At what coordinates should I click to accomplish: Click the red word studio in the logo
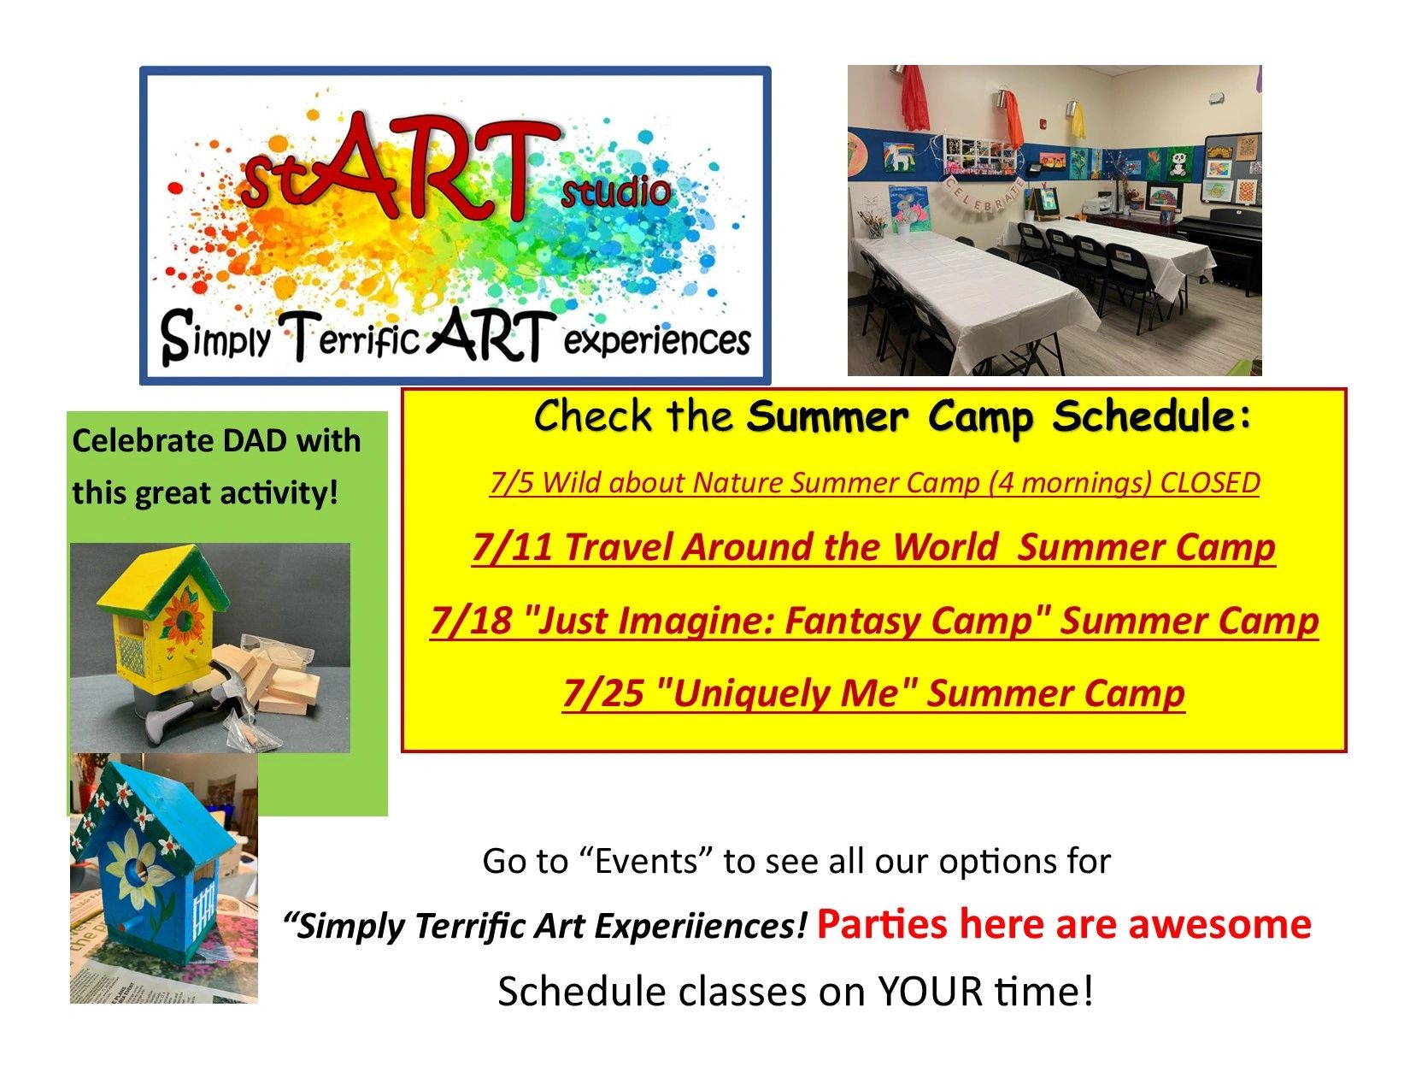pos(615,193)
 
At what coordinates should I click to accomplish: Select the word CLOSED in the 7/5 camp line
pos(1209,483)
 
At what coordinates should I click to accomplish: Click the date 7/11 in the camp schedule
pos(512,546)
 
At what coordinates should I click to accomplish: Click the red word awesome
pos(1220,924)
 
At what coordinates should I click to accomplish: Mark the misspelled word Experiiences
pos(701,927)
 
